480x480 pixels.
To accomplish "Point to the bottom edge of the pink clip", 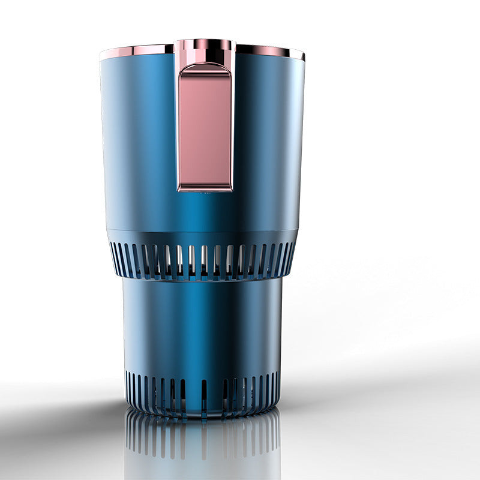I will coord(205,188).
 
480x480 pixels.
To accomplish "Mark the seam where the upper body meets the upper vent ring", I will coord(202,231).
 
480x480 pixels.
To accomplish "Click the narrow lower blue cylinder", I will coord(202,324).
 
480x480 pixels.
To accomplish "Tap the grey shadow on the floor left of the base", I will coord(66,414).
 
